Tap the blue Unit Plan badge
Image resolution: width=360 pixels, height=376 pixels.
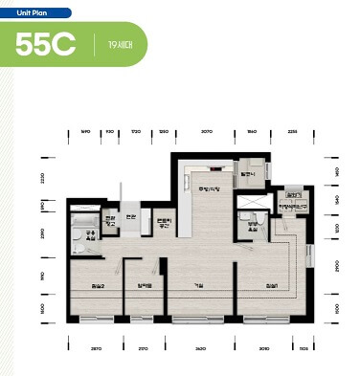pos(35,13)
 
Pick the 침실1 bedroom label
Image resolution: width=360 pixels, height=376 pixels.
pos(272,284)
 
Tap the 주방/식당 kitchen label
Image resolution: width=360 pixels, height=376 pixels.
pos(208,188)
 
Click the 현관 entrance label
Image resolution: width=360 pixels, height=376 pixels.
pos(131,216)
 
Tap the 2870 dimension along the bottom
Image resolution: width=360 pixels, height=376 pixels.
pos(96,348)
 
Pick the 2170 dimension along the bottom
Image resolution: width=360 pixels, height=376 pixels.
pos(143,348)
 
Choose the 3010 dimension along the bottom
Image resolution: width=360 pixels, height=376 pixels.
pos(264,348)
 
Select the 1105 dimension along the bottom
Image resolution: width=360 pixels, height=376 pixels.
pos(303,348)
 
